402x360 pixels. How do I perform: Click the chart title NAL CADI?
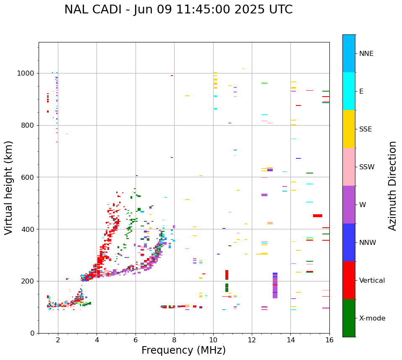point(178,10)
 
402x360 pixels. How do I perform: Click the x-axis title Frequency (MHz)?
point(183,350)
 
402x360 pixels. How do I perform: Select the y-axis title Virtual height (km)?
point(9,187)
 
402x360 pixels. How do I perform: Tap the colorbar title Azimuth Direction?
point(392,186)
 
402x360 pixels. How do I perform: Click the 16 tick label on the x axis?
point(329,340)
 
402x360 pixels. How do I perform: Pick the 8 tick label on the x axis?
point(174,340)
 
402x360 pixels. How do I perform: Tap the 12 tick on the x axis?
point(252,340)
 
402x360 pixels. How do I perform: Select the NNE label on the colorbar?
point(366,54)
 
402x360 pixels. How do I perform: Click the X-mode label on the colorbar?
point(372,318)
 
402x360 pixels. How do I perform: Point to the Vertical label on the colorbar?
point(372,281)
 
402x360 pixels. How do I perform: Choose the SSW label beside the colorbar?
point(367,167)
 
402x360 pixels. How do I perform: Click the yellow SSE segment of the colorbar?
point(349,129)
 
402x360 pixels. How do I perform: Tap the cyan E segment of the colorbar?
point(349,91)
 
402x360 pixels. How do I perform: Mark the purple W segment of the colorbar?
point(349,205)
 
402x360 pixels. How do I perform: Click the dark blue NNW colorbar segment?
point(349,242)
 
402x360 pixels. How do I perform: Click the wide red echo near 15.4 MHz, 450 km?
point(318,216)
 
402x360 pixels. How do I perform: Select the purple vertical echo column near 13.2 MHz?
point(275,286)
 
